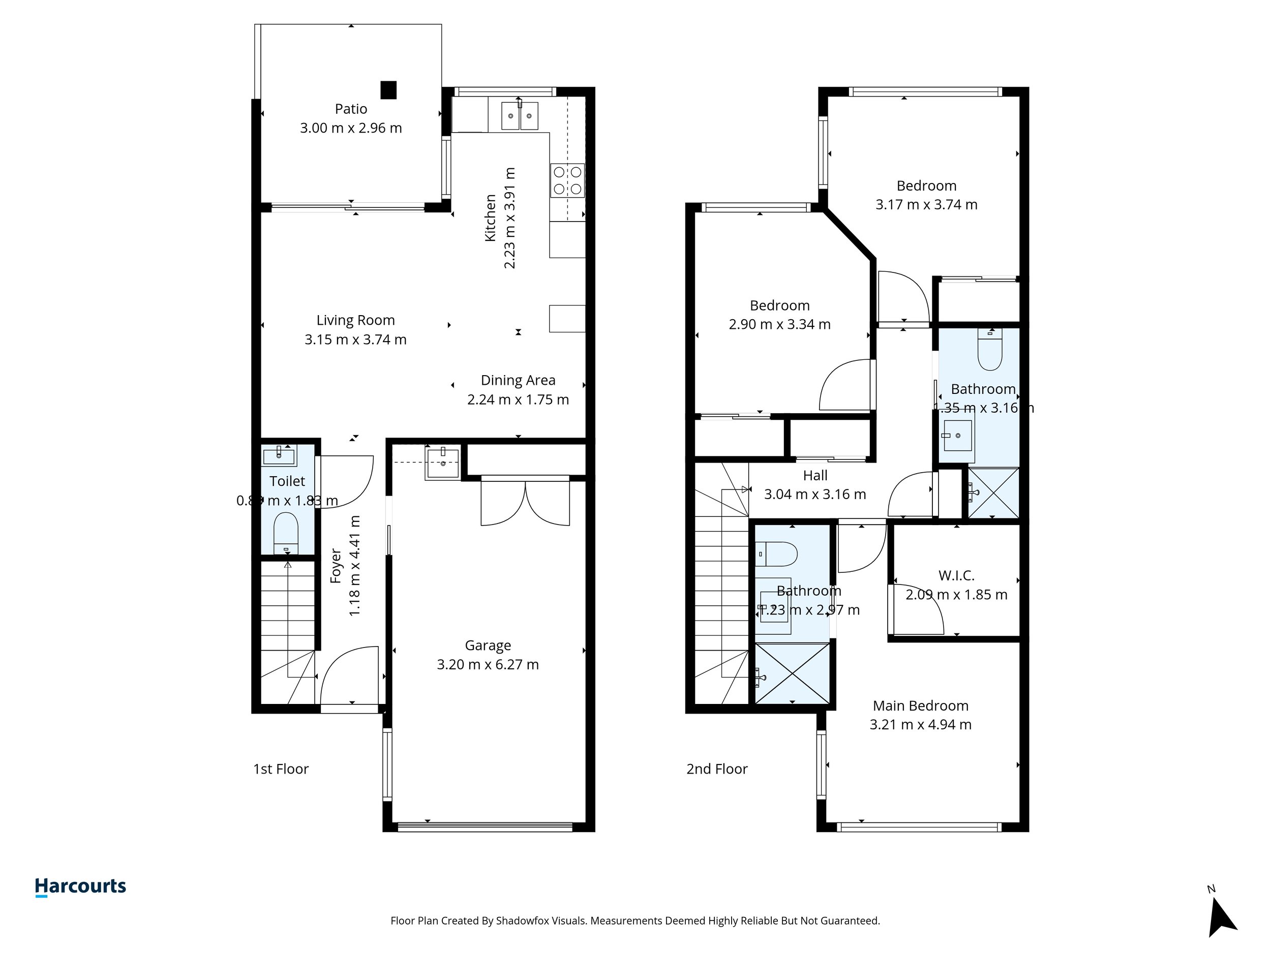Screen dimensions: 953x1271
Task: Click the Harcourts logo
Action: tap(80, 886)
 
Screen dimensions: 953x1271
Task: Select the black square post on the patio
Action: tap(388, 90)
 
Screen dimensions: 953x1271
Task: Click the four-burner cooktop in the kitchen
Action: tap(567, 180)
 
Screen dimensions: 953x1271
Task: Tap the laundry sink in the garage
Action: tap(442, 464)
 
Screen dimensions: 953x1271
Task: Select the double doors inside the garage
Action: tap(525, 503)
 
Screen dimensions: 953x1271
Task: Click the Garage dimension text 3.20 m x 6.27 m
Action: tap(488, 665)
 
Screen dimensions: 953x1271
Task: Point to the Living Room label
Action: tap(356, 320)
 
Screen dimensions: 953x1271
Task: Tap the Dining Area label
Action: tap(518, 380)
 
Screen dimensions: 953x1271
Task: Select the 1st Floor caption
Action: tap(281, 768)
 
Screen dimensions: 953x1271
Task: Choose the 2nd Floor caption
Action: tap(716, 768)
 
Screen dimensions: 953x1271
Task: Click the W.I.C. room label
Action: tap(956, 575)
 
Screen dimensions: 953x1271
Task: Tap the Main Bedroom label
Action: tap(921, 705)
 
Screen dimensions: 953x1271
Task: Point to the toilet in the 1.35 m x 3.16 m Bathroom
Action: tap(989, 353)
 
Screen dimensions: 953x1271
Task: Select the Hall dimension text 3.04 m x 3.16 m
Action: tap(815, 494)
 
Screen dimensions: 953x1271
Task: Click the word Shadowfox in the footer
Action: tap(522, 921)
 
